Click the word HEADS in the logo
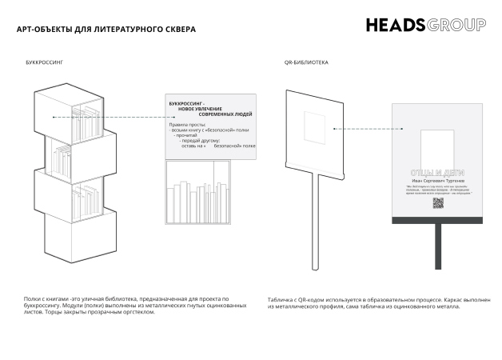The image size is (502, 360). point(396,25)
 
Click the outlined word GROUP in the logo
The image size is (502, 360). point(456,25)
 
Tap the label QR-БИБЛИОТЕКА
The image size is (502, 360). point(306,62)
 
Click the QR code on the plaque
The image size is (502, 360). point(437,202)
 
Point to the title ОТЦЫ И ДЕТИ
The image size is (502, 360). point(436,172)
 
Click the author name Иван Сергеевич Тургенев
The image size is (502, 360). point(436,182)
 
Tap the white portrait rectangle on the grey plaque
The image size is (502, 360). point(436,144)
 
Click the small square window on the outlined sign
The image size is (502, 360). point(317,127)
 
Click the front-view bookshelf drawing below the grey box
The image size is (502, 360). point(197,193)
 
